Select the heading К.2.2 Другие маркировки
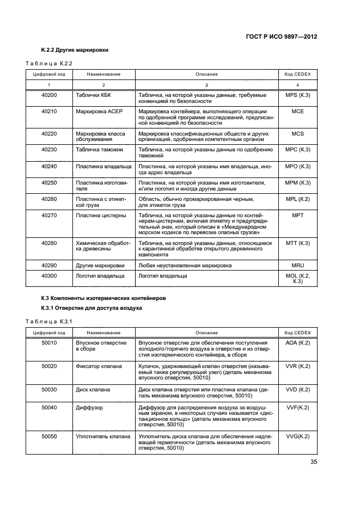click(75, 50)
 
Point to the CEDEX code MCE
click(297, 111)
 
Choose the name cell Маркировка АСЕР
click(100, 111)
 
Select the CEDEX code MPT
click(297, 216)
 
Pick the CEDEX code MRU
click(297, 265)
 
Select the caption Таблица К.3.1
click(49, 322)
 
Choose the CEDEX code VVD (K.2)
click(297, 390)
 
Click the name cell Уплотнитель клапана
click(103, 436)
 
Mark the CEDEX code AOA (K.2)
click(297, 343)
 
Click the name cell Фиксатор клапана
click(99, 366)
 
